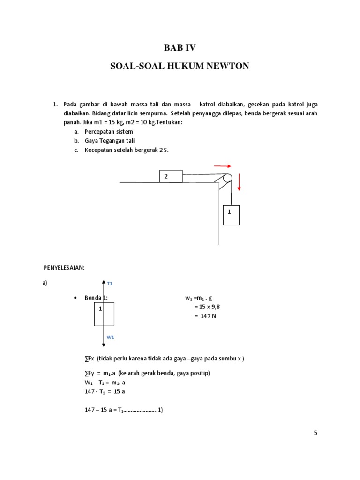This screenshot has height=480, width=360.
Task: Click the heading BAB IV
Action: [180, 47]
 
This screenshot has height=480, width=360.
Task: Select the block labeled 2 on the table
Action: [171, 176]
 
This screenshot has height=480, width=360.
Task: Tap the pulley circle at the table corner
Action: [227, 178]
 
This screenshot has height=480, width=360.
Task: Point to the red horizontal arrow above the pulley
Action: [223, 165]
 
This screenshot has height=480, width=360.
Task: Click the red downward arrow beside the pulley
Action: [239, 182]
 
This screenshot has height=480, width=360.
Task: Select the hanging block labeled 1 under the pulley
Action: [231, 215]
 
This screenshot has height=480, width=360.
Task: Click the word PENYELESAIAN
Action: [64, 267]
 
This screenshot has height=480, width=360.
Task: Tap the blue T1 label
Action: [110, 284]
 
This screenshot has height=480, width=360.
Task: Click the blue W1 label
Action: [111, 337]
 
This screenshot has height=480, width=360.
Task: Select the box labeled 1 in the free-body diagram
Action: [104, 314]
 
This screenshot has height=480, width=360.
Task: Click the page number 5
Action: [315, 433]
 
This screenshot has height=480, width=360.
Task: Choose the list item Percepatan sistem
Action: [109, 132]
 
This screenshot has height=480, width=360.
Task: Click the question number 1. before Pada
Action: [55, 104]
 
